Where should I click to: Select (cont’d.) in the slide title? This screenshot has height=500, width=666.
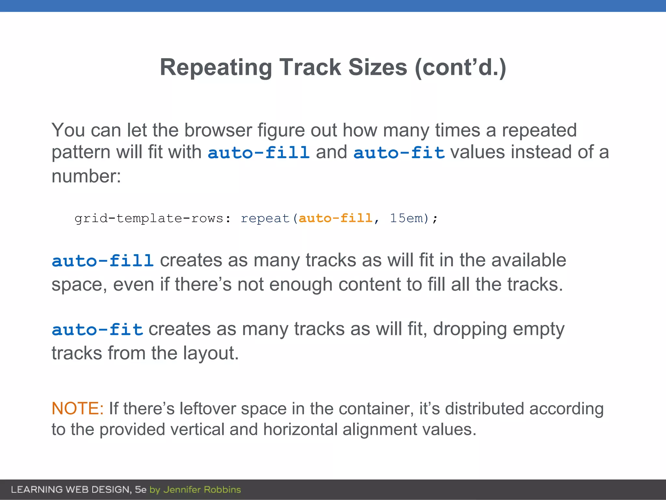pyautogui.click(x=460, y=68)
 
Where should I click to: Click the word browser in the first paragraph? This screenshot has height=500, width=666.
pyautogui.click(x=218, y=130)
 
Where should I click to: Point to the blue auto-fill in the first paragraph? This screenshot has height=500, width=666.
pyautogui.click(x=259, y=153)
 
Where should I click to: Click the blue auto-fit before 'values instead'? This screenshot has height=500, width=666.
pyautogui.click(x=399, y=153)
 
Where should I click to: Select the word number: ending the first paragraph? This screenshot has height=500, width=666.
pyautogui.click(x=86, y=176)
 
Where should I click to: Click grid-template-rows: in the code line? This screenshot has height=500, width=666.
pyautogui.click(x=153, y=218)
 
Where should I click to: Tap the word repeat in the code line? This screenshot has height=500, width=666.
pyautogui.click(x=265, y=218)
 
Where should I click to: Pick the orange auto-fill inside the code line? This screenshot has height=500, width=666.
pyautogui.click(x=335, y=218)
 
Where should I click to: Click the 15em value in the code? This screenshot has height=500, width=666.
pyautogui.click(x=406, y=218)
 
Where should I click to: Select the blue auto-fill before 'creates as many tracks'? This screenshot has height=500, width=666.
pyautogui.click(x=102, y=261)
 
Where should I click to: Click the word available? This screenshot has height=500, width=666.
pyautogui.click(x=528, y=260)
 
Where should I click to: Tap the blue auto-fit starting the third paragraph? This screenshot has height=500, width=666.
pyautogui.click(x=97, y=329)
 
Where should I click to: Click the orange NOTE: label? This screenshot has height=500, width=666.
pyautogui.click(x=77, y=409)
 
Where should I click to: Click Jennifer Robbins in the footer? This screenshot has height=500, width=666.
pyautogui.click(x=202, y=490)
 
